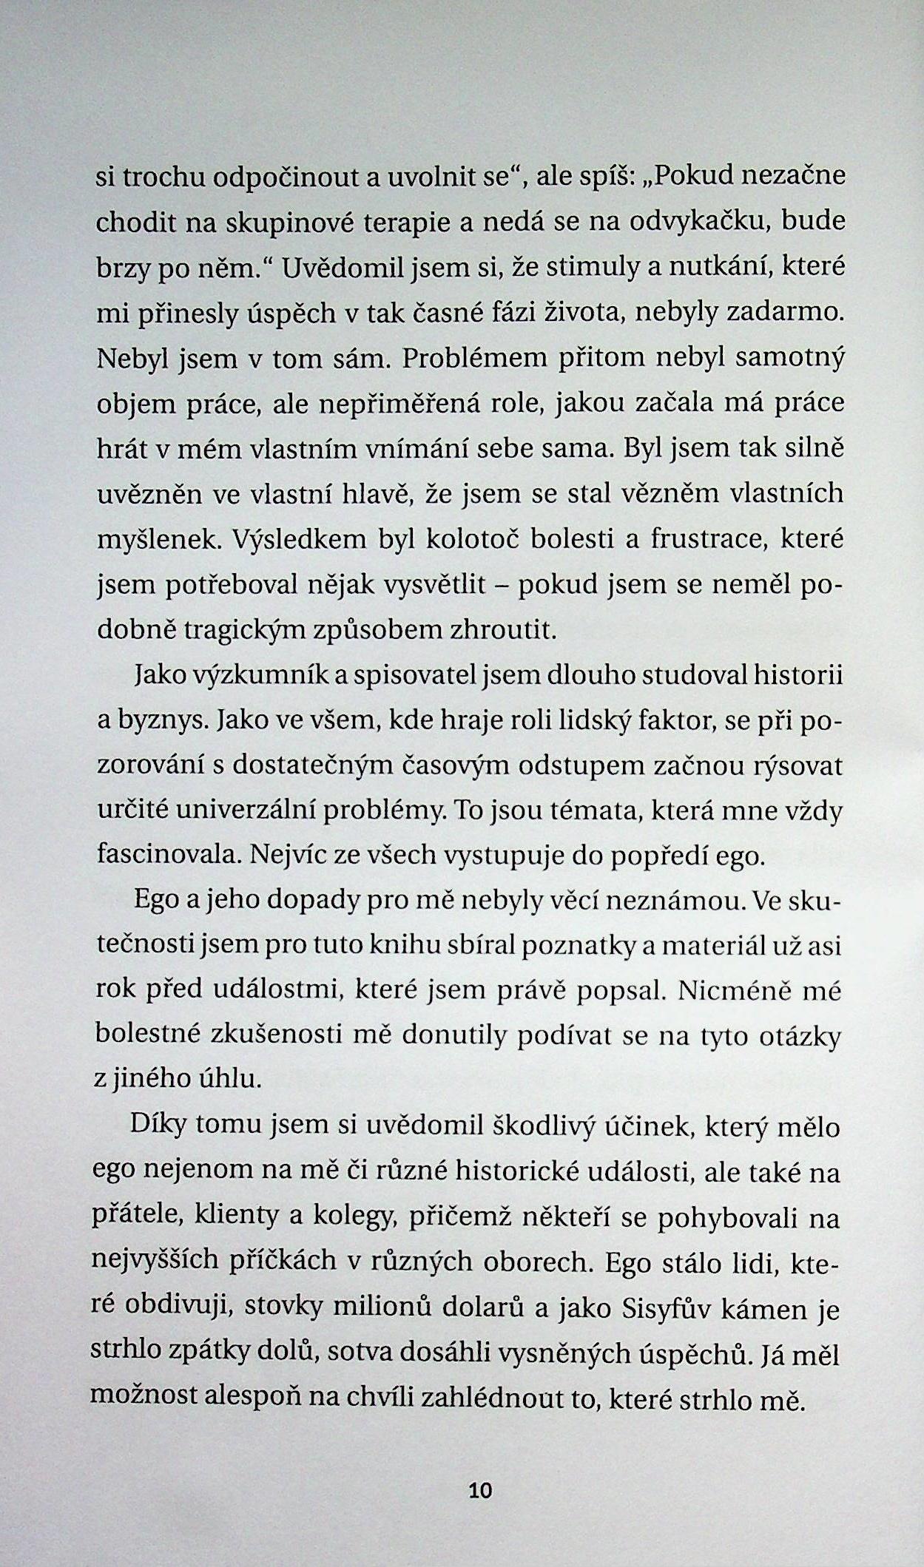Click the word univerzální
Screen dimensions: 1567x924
(276, 810)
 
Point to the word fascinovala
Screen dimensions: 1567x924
(167, 856)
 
